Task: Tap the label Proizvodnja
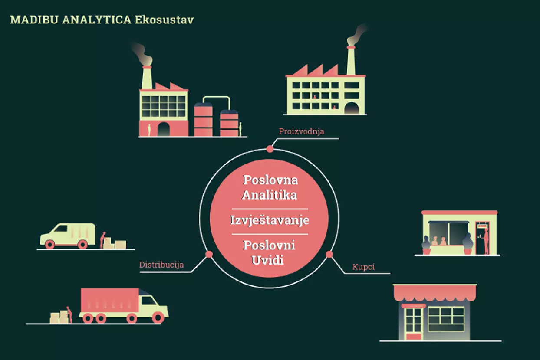[302, 131]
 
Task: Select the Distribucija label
[161, 265]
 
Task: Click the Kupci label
[364, 266]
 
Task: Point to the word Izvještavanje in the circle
[270, 220]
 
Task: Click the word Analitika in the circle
[270, 195]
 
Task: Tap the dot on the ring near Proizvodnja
[270, 149]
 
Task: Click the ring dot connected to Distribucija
[209, 254]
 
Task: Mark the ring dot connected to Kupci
[329, 254]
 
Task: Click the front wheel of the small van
[50, 244]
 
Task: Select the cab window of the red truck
[149, 301]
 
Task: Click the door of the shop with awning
[414, 323]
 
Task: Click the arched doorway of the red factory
[163, 129]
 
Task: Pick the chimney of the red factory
[147, 78]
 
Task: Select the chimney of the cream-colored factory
[351, 61]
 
